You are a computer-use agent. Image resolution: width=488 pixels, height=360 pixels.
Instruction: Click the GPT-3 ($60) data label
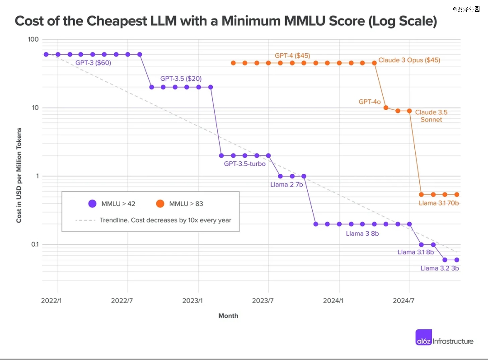pos(93,63)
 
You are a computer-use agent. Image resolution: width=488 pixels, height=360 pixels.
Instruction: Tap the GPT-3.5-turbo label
pos(244,164)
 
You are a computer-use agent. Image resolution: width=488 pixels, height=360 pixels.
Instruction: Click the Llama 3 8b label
pos(362,234)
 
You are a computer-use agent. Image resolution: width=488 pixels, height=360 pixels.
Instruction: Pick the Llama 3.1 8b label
pos(415,252)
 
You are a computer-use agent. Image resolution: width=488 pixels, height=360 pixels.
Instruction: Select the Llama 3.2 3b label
pos(439,268)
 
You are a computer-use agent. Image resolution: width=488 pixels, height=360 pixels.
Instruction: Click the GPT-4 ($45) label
pos(292,56)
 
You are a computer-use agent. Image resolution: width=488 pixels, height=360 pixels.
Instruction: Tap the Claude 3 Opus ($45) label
pos(409,60)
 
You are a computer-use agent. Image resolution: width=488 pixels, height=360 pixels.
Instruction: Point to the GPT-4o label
pos(370,102)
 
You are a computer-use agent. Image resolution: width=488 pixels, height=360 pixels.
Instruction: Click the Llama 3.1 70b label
pos(438,203)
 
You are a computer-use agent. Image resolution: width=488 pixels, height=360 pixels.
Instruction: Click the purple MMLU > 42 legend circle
pos(93,204)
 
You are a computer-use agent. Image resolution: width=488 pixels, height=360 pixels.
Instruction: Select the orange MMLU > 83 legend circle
pos(160,204)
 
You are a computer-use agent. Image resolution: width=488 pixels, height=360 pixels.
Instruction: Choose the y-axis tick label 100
pos(33,39)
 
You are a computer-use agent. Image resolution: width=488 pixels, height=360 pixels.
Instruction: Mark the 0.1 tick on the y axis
pos(35,244)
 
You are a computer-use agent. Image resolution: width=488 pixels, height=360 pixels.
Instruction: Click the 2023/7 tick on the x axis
pos(263,300)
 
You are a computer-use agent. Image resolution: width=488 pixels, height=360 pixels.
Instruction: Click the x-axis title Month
pos(228,316)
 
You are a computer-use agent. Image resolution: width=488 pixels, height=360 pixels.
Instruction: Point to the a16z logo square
pos(424,338)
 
